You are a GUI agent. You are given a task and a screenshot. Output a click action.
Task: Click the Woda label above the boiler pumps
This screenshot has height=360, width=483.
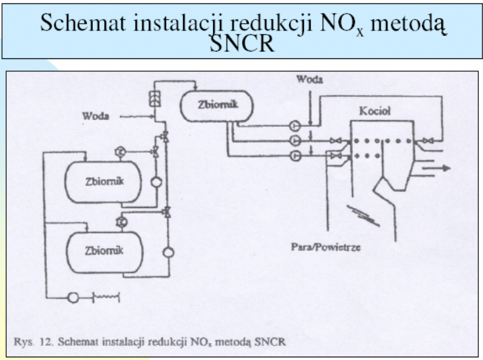pyautogui.click(x=309, y=79)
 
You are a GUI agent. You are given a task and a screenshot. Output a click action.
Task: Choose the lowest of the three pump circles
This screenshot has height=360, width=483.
pyautogui.click(x=295, y=157)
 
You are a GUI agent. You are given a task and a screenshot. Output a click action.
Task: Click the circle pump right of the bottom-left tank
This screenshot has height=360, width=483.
pyautogui.click(x=168, y=252)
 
